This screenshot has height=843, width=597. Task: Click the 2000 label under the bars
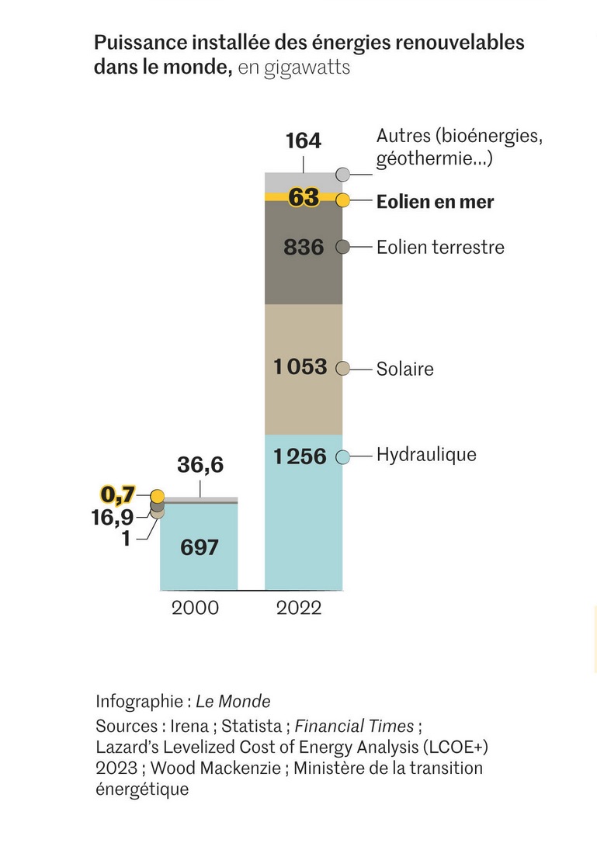(195, 608)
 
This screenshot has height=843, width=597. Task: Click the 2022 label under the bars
(299, 608)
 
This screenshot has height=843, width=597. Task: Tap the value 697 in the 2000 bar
(199, 547)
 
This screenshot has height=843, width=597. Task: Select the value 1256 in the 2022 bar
(300, 456)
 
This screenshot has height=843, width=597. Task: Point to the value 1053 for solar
(300, 366)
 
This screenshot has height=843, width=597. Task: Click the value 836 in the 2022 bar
(303, 248)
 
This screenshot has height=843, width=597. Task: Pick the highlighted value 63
(304, 198)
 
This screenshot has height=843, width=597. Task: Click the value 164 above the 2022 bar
(303, 141)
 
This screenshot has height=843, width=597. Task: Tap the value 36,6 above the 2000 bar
(200, 465)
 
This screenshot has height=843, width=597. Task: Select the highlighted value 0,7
(119, 494)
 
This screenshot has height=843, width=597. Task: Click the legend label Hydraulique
(426, 454)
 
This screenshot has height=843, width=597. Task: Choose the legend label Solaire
(404, 369)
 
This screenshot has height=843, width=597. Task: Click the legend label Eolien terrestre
(440, 248)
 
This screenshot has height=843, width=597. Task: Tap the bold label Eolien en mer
(435, 203)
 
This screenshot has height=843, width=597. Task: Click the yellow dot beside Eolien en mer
(343, 199)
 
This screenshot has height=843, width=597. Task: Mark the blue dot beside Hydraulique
(343, 457)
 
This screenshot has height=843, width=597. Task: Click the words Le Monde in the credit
(233, 702)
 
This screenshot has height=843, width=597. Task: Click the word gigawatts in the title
(307, 68)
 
